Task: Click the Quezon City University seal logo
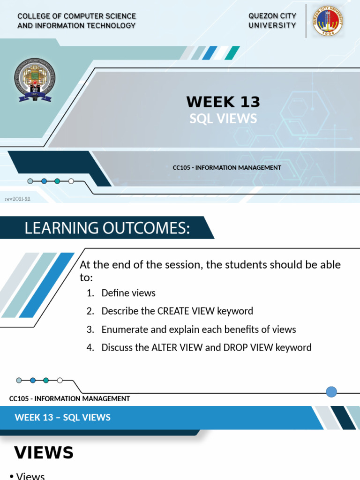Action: click(328, 21)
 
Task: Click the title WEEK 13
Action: click(223, 102)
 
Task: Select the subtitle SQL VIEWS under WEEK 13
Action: click(223, 119)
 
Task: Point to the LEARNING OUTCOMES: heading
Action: click(107, 228)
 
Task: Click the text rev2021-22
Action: click(18, 199)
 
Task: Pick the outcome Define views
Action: click(128, 293)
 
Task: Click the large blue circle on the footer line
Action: click(331, 392)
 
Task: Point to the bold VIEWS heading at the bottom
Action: click(44, 453)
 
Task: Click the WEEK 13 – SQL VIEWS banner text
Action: click(63, 417)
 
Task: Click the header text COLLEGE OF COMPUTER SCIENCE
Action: click(77, 16)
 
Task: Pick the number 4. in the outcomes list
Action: click(90, 348)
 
